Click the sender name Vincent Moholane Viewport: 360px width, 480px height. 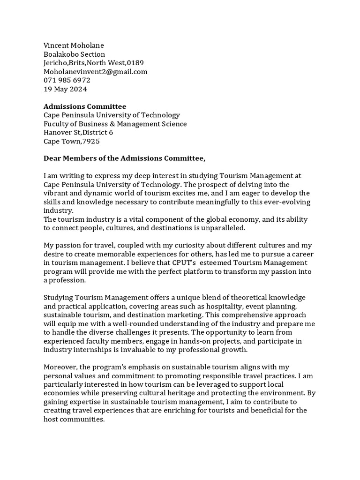pyautogui.click(x=74, y=45)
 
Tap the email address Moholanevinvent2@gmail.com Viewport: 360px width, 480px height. pyautogui.click(x=95, y=72)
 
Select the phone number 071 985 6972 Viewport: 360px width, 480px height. pyautogui.click(x=67, y=80)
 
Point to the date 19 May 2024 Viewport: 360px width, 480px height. pyautogui.click(x=65, y=89)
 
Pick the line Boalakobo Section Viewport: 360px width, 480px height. pyautogui.click(x=74, y=54)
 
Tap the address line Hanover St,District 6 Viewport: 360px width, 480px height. pyautogui.click(x=78, y=133)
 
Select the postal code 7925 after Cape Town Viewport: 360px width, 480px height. pyautogui.click(x=91, y=142)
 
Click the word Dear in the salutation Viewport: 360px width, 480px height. pyautogui.click(x=52, y=159)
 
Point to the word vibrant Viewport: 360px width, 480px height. pyautogui.click(x=56, y=194)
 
